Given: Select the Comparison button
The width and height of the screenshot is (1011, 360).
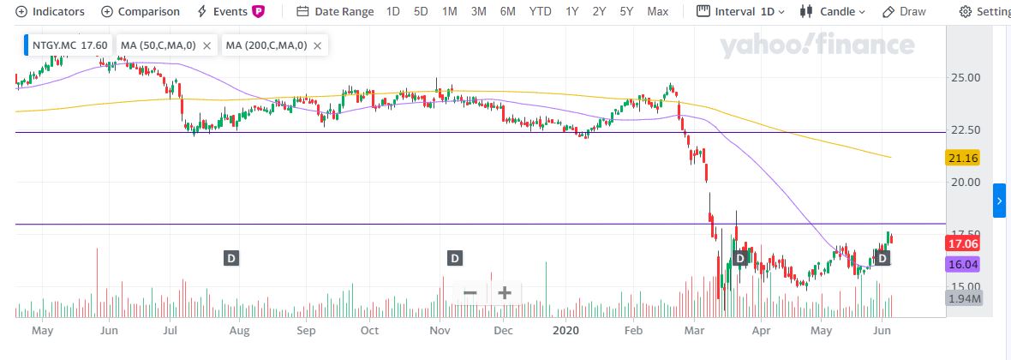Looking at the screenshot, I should click(x=141, y=12).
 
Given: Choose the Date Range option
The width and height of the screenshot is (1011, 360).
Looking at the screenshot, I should click(x=335, y=12).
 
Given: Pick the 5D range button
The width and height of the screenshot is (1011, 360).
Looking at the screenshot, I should click(x=421, y=12).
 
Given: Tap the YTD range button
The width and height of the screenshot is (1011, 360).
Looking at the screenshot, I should click(x=540, y=12).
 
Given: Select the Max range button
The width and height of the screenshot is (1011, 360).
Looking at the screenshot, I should click(x=658, y=12).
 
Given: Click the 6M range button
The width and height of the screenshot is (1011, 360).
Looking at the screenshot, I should click(x=508, y=12).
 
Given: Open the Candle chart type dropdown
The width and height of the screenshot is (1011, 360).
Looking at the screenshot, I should click(x=832, y=12).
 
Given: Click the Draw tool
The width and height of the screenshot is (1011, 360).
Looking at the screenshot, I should click(x=904, y=12).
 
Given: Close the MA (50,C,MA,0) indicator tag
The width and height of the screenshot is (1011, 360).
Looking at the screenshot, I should click(x=206, y=45).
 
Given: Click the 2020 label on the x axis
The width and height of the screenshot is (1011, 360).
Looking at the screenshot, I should click(x=566, y=330).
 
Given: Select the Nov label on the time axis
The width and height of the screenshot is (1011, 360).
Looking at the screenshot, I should click(x=440, y=330).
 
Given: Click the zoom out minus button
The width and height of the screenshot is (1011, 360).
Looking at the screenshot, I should click(x=470, y=292).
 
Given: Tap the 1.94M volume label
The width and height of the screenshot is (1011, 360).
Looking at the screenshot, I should click(x=964, y=298).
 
